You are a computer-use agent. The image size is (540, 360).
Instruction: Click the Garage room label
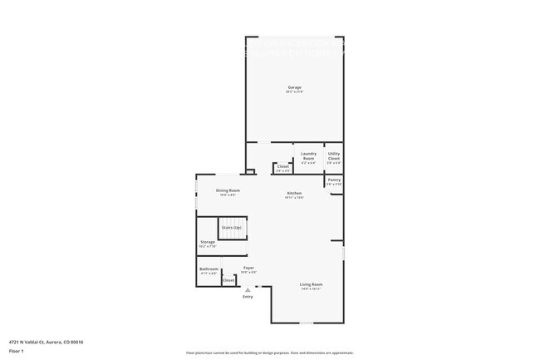(x=294, y=86)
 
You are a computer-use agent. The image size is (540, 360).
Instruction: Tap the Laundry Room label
(x=308, y=155)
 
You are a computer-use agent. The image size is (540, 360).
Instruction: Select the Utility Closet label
(x=334, y=155)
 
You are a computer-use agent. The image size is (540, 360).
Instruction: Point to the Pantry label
(x=334, y=180)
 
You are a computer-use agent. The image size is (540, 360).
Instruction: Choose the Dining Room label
(x=228, y=191)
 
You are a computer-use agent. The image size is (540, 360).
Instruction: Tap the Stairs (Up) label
(x=232, y=227)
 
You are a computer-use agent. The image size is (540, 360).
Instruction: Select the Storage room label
(x=208, y=242)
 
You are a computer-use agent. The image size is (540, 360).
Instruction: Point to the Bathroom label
(x=209, y=269)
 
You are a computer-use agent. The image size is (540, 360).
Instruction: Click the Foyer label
(x=248, y=268)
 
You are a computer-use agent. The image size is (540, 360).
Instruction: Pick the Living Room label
(x=311, y=284)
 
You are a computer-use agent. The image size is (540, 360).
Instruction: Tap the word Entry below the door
(x=248, y=297)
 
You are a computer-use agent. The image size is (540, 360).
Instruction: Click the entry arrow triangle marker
(x=248, y=289)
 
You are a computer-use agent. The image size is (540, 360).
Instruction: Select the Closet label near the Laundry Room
(x=282, y=166)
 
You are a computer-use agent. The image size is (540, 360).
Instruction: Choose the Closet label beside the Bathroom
(x=228, y=280)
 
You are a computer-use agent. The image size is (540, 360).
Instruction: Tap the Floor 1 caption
(x=17, y=352)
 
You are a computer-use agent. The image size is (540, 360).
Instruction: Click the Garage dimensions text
(x=294, y=91)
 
